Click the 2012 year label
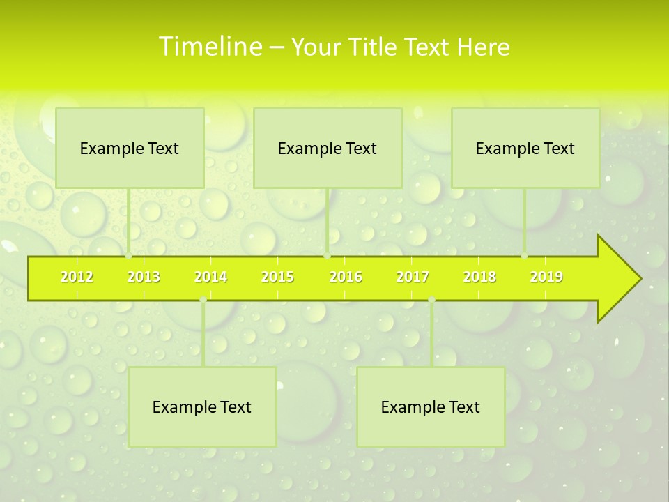pos(77,277)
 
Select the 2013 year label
pos(144,277)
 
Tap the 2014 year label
pos(210,277)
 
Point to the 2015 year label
pos(277,277)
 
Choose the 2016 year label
pos(346,277)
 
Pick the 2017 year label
pos(413,277)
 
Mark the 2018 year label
pos(479,277)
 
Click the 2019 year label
pos(546,277)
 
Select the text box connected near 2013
pos(130,148)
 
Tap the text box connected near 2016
pos(328,148)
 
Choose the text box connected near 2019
pos(525,148)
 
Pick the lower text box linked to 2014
pos(202,406)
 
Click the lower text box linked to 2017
pos(431,406)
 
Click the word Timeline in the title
pos(209,47)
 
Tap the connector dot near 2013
pos(129,256)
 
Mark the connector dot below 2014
pos(203,300)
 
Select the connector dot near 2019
pos(525,256)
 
